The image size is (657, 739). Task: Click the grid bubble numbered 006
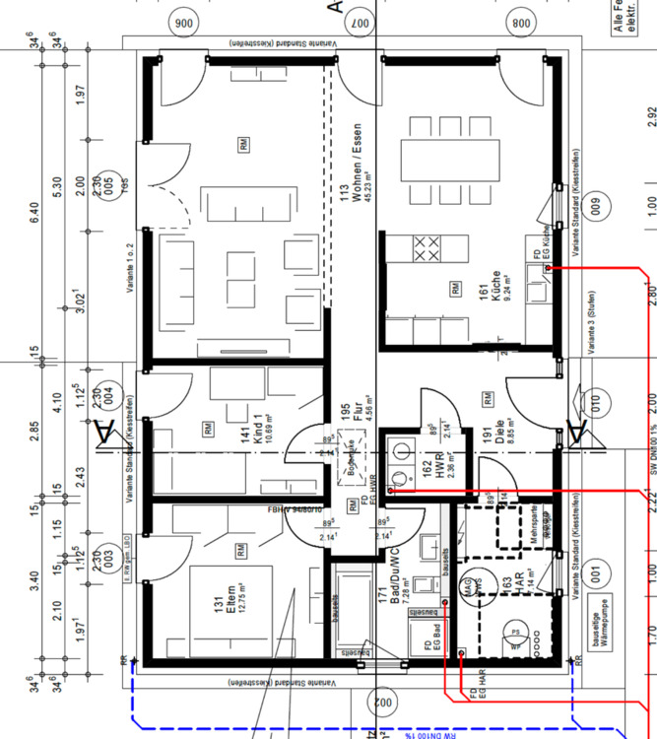[182, 22]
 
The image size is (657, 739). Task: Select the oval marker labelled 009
[593, 207]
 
